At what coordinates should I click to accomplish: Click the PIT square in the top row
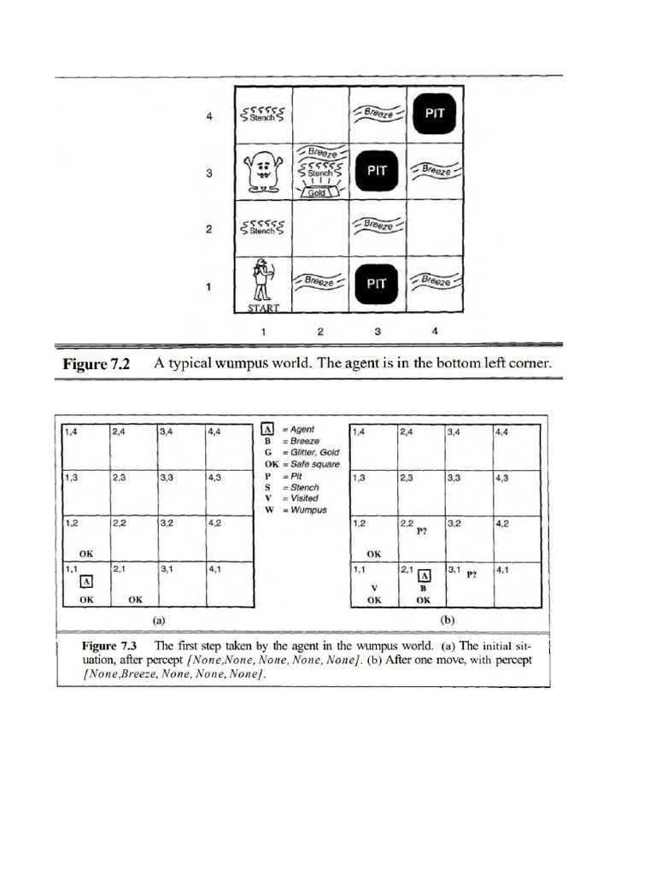click(x=434, y=113)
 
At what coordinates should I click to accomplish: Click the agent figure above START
click(x=264, y=280)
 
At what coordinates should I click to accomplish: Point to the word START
click(x=264, y=307)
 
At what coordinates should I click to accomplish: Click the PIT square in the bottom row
click(x=377, y=283)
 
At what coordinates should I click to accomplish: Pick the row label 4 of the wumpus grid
click(x=208, y=116)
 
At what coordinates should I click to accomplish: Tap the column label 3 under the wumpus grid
click(x=377, y=329)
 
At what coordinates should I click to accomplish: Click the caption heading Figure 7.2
click(x=96, y=364)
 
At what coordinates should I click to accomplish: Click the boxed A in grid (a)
click(x=85, y=582)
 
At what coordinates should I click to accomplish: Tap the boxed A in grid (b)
click(x=425, y=576)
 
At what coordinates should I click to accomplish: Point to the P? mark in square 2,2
click(x=421, y=531)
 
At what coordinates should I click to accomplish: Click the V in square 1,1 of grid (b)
click(x=374, y=588)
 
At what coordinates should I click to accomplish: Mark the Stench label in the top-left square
click(x=264, y=115)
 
